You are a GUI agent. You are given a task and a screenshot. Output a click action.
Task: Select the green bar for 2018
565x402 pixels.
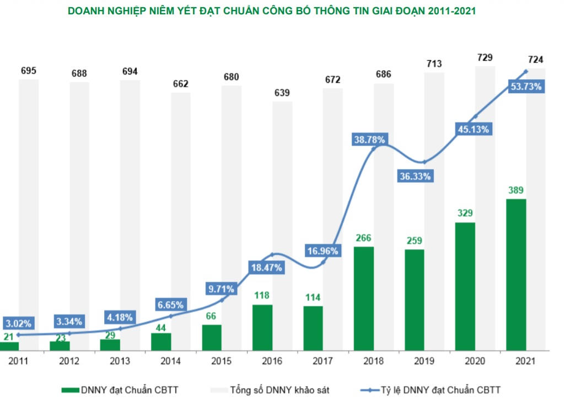(364, 298)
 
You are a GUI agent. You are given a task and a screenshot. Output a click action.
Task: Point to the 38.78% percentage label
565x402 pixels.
(370, 140)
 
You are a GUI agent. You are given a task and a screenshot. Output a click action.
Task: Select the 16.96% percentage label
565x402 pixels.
(323, 251)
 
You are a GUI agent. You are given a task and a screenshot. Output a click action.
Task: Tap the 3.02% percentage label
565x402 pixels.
(19, 323)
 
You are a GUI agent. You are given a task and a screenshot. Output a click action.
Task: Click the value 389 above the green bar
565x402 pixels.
(516, 190)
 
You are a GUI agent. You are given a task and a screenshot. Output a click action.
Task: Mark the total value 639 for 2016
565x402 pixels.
(282, 93)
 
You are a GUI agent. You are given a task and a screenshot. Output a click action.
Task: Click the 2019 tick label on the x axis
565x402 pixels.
(424, 362)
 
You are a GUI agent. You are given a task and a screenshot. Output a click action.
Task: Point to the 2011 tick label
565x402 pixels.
(18, 362)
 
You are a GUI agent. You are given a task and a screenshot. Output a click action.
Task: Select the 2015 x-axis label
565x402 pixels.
(221, 362)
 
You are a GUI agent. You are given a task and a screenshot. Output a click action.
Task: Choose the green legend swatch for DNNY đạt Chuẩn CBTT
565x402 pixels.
(69, 390)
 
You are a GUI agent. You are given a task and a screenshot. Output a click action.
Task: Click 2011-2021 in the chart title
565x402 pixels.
(448, 11)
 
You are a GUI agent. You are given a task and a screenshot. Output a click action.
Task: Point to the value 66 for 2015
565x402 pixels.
(211, 316)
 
